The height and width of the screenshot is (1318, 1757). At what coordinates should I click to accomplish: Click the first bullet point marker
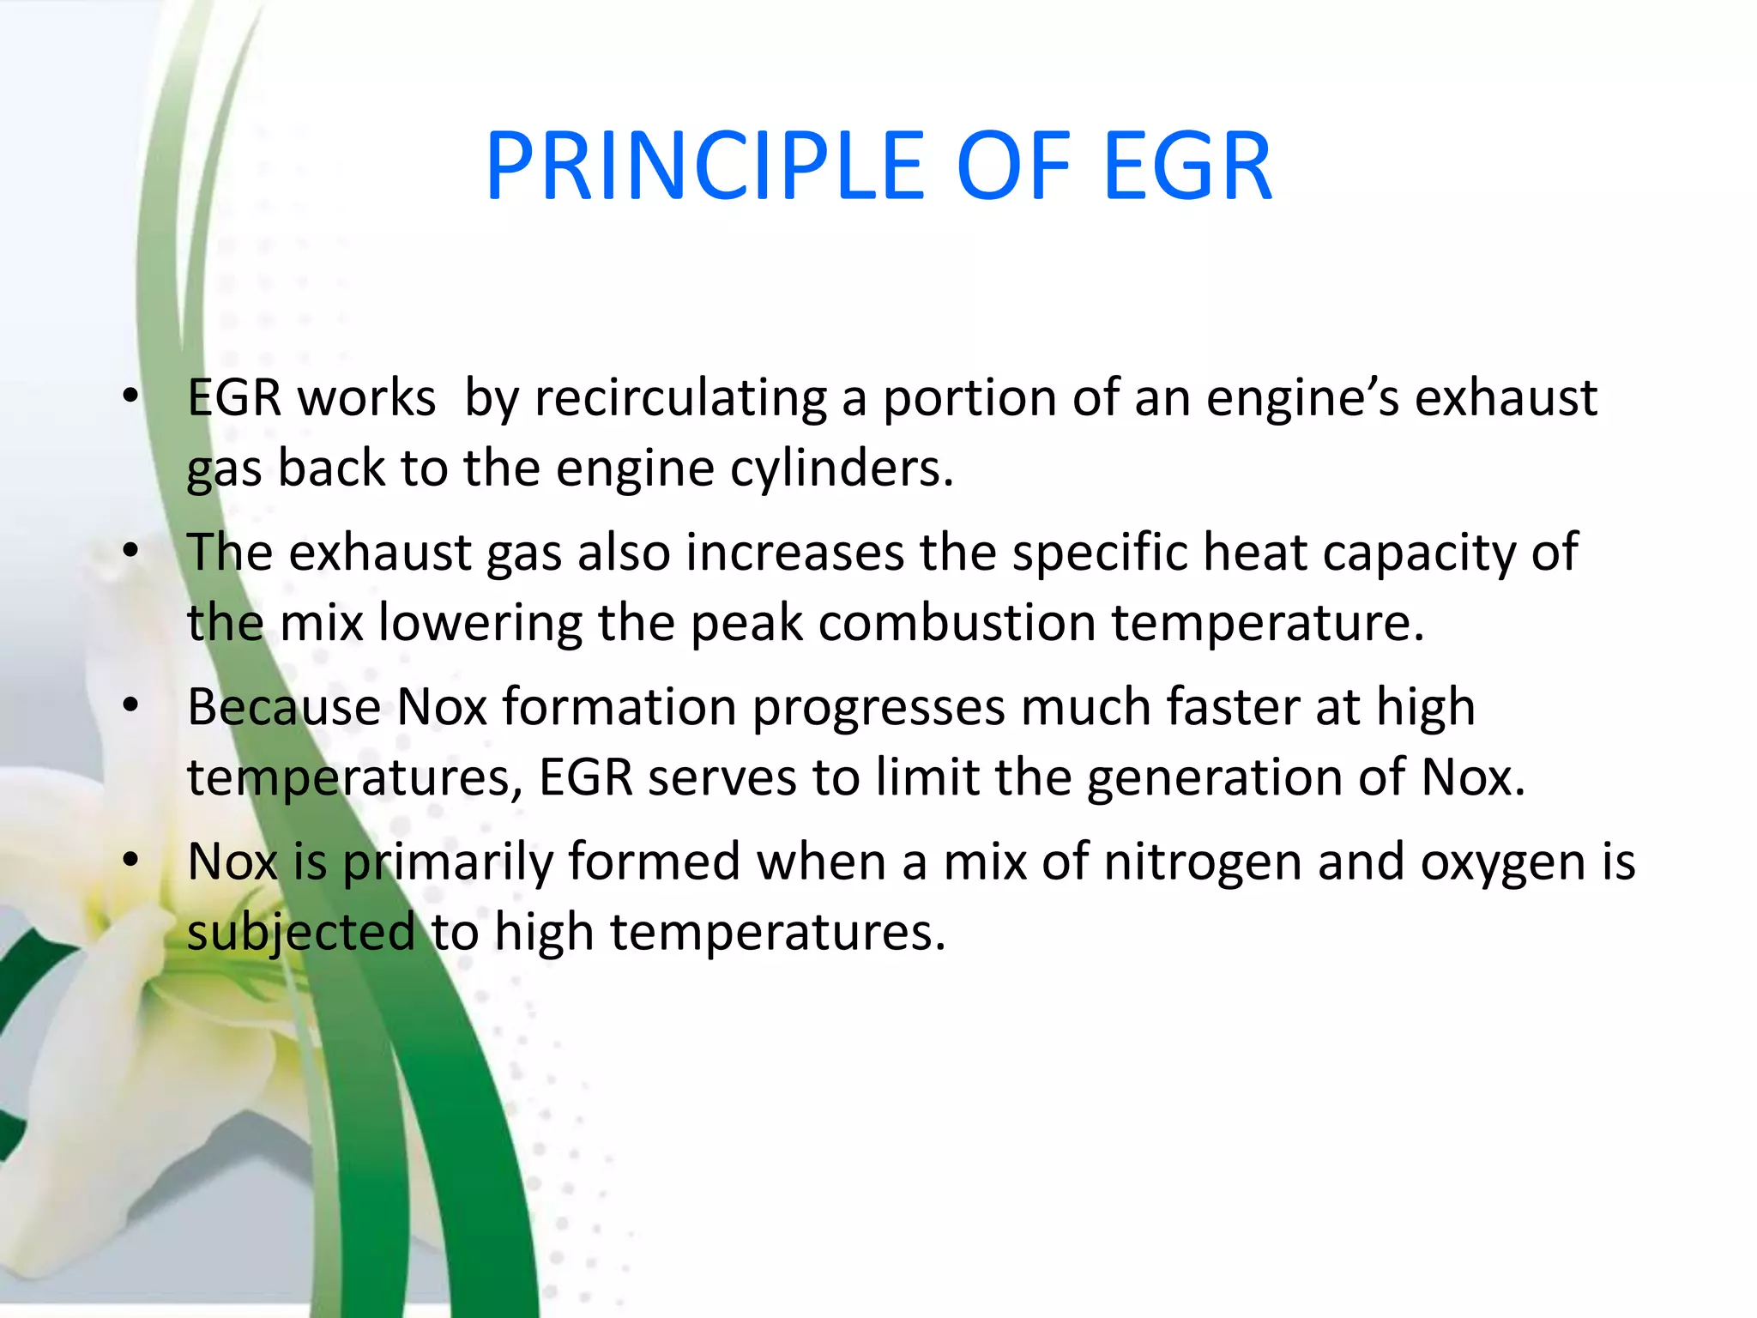pyautogui.click(x=130, y=396)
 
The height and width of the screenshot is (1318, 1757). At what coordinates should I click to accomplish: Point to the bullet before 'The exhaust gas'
pyautogui.click(x=130, y=551)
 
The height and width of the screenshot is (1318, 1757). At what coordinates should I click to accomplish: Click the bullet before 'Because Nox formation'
pyautogui.click(x=130, y=705)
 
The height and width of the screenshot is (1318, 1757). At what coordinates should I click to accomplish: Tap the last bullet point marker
pyautogui.click(x=130, y=860)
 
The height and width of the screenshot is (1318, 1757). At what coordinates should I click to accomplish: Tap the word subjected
pyautogui.click(x=300, y=934)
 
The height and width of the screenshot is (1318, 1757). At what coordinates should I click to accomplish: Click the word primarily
pyautogui.click(x=447, y=863)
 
